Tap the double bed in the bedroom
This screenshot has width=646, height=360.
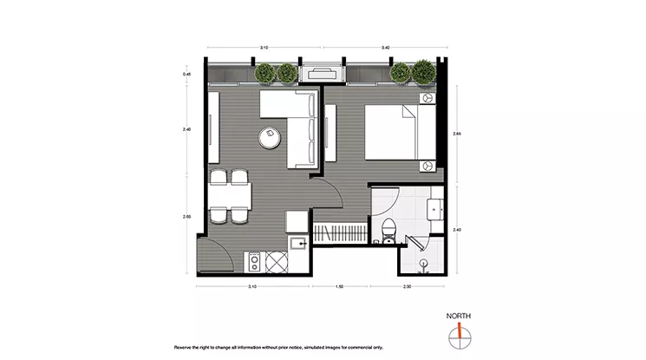pyautogui.click(x=397, y=132)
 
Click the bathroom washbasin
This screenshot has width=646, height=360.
pyautogui.click(x=434, y=207)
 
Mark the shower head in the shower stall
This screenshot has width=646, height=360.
pyautogui.click(x=422, y=261)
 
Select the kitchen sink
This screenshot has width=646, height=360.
pyautogui.click(x=298, y=245)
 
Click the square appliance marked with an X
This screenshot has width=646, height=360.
pyautogui.click(x=276, y=260)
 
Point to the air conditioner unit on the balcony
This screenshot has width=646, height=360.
pyautogui.click(x=323, y=75)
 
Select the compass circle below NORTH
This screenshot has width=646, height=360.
pyautogui.click(x=458, y=337)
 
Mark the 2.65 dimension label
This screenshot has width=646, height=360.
pyautogui.click(x=457, y=134)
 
